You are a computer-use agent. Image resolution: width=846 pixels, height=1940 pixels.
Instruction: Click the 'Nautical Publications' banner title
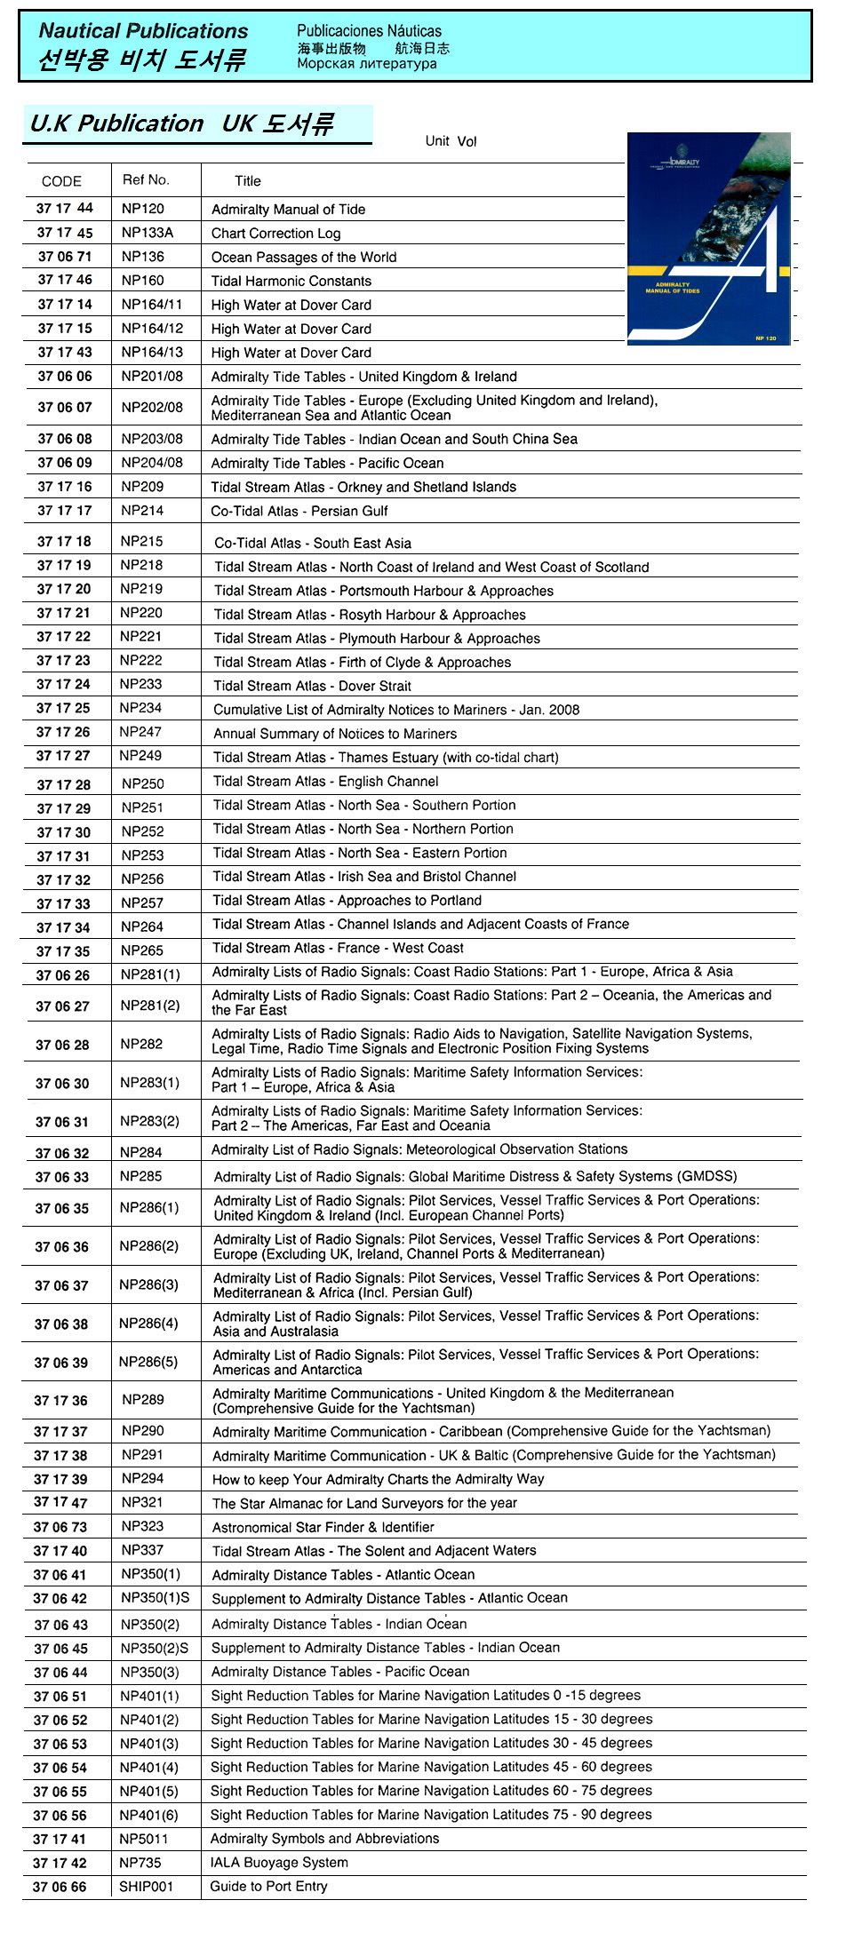click(143, 31)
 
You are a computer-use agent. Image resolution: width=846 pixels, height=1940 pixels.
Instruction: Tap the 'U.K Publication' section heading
click(116, 123)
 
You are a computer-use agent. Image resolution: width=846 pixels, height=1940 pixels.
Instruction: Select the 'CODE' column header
click(61, 181)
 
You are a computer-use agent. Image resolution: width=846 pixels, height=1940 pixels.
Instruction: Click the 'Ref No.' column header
click(146, 179)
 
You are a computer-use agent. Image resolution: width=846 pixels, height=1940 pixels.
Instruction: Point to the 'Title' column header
click(247, 181)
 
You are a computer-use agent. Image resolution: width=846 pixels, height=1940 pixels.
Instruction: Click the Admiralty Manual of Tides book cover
click(708, 238)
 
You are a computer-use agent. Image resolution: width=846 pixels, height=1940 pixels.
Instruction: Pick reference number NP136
click(143, 257)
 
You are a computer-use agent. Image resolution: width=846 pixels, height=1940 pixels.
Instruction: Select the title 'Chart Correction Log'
click(275, 234)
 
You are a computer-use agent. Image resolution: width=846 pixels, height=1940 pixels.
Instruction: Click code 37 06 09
click(64, 463)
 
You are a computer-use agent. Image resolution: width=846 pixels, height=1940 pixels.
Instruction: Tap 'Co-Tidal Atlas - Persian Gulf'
click(299, 511)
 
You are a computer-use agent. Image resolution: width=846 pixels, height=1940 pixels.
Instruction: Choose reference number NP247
click(140, 732)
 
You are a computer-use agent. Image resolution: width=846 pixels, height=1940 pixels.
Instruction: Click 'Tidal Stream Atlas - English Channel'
click(325, 782)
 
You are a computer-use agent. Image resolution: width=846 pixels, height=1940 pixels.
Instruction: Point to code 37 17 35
click(63, 951)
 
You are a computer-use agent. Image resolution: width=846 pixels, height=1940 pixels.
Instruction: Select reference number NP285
click(140, 1176)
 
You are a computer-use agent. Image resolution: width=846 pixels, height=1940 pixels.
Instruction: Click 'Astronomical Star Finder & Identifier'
click(323, 1527)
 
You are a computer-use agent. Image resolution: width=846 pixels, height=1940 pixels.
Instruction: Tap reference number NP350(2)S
click(155, 1649)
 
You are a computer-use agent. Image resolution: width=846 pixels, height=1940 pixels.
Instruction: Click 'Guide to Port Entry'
click(268, 1886)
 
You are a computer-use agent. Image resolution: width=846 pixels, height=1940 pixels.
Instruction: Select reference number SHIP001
click(146, 1886)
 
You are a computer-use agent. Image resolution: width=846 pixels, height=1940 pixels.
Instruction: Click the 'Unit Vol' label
click(451, 141)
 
